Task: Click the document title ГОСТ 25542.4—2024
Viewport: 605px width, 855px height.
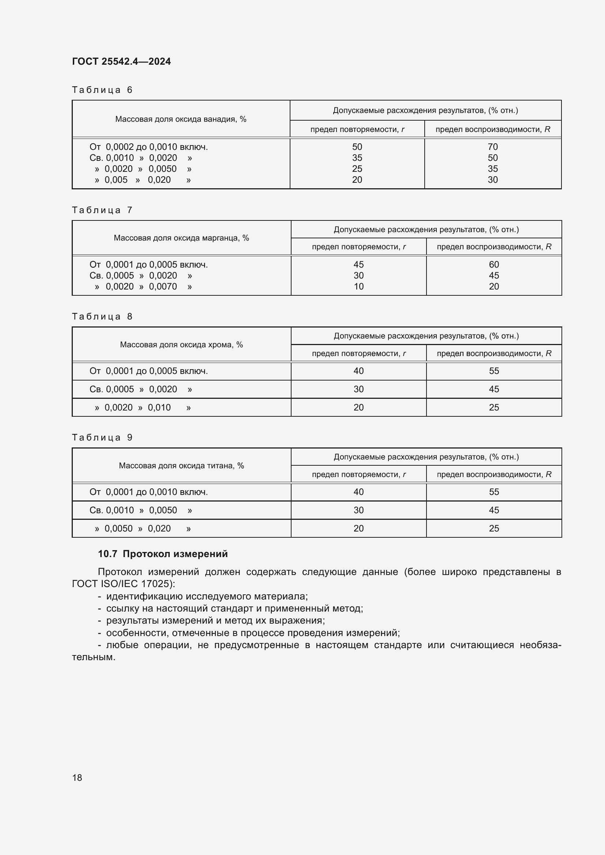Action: coord(121,61)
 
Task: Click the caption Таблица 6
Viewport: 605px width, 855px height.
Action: coord(102,90)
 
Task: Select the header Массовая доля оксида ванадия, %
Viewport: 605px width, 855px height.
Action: coord(181,119)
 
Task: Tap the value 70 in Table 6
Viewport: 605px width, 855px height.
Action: coord(492,147)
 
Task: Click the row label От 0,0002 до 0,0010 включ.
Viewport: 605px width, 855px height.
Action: coord(149,147)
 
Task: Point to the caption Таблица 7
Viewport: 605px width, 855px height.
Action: coord(102,211)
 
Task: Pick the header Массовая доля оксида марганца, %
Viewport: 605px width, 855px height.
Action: coord(181,238)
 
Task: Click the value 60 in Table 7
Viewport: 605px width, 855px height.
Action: coord(493,264)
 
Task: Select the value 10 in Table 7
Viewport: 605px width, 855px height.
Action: coord(358,286)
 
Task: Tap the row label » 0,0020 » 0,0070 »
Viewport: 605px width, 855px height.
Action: coord(143,287)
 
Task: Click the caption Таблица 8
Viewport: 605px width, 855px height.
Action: coord(102,317)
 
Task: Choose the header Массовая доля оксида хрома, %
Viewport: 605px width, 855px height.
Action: coord(181,345)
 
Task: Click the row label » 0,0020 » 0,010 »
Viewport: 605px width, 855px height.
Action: coord(143,407)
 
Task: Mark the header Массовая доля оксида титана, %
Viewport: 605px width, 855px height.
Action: coord(181,466)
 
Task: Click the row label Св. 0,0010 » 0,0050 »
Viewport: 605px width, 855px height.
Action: coord(141,510)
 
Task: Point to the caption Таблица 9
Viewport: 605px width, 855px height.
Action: coord(102,438)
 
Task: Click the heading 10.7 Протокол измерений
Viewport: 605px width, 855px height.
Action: coord(163,554)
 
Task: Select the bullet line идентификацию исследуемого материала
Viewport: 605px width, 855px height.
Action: coord(207,596)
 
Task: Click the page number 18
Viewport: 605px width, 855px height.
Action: coord(77,778)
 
